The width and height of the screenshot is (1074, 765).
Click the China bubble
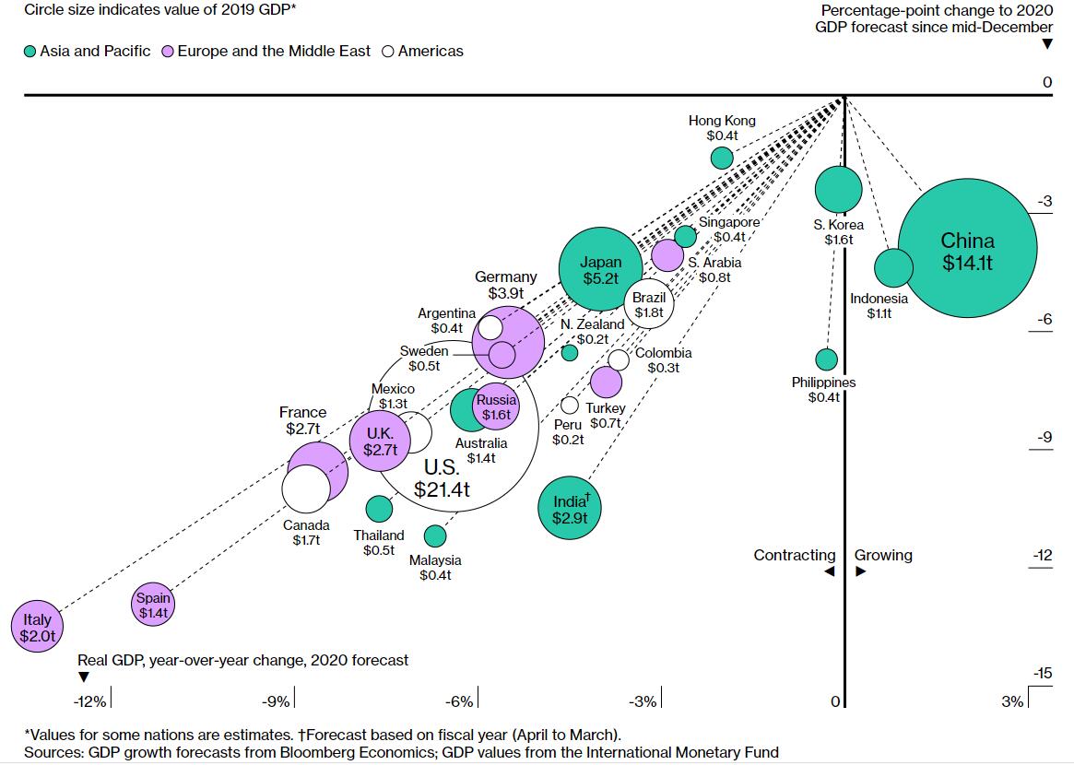(x=968, y=251)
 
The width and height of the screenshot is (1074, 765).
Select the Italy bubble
(x=38, y=627)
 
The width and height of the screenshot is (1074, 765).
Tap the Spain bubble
(x=154, y=605)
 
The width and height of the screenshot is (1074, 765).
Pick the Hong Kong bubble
(x=722, y=158)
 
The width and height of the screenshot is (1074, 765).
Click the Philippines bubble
(x=827, y=359)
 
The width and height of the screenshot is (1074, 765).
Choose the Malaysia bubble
(x=435, y=535)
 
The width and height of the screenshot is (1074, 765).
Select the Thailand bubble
(x=379, y=508)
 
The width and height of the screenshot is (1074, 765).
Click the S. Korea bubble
(x=839, y=190)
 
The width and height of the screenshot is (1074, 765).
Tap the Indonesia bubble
(x=892, y=268)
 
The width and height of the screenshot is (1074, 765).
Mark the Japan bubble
(x=600, y=269)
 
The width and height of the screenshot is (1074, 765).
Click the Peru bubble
(x=570, y=405)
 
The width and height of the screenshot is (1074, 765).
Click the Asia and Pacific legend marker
(x=30, y=52)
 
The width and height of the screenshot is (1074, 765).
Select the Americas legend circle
(x=387, y=52)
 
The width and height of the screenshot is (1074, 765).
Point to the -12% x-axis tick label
(x=90, y=702)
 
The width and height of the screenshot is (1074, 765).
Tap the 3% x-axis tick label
(x=1011, y=702)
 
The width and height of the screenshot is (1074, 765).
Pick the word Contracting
(x=794, y=555)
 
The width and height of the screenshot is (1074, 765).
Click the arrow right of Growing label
(x=860, y=571)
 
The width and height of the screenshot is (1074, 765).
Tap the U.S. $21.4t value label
(x=442, y=489)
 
